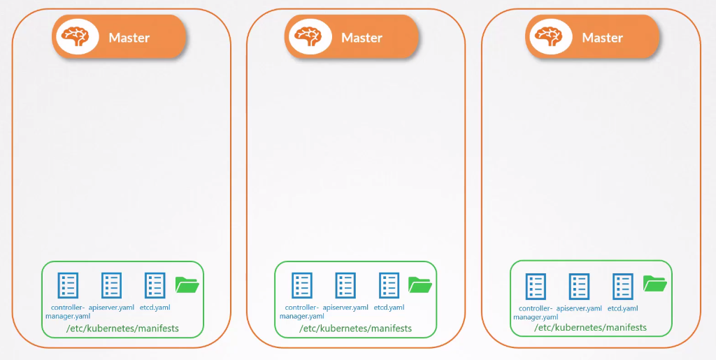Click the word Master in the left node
coord(129,38)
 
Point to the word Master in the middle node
coord(361,38)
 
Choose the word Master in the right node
coord(602,38)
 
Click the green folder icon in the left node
coord(187,285)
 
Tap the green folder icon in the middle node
coord(420,285)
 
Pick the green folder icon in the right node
coord(655,283)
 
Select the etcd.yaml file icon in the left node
coord(155,285)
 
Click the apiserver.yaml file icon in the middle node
coord(345,285)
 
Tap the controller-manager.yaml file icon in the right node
coord(536,286)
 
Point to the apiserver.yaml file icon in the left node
coord(111,285)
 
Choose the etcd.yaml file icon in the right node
coord(622,286)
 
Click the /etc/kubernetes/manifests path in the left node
coord(122,328)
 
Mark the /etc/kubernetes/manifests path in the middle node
coord(355,328)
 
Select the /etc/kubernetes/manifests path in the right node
coord(590,327)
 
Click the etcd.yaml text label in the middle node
coord(389,307)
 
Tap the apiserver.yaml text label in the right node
coord(579,308)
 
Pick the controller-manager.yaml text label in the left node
coord(68,311)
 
